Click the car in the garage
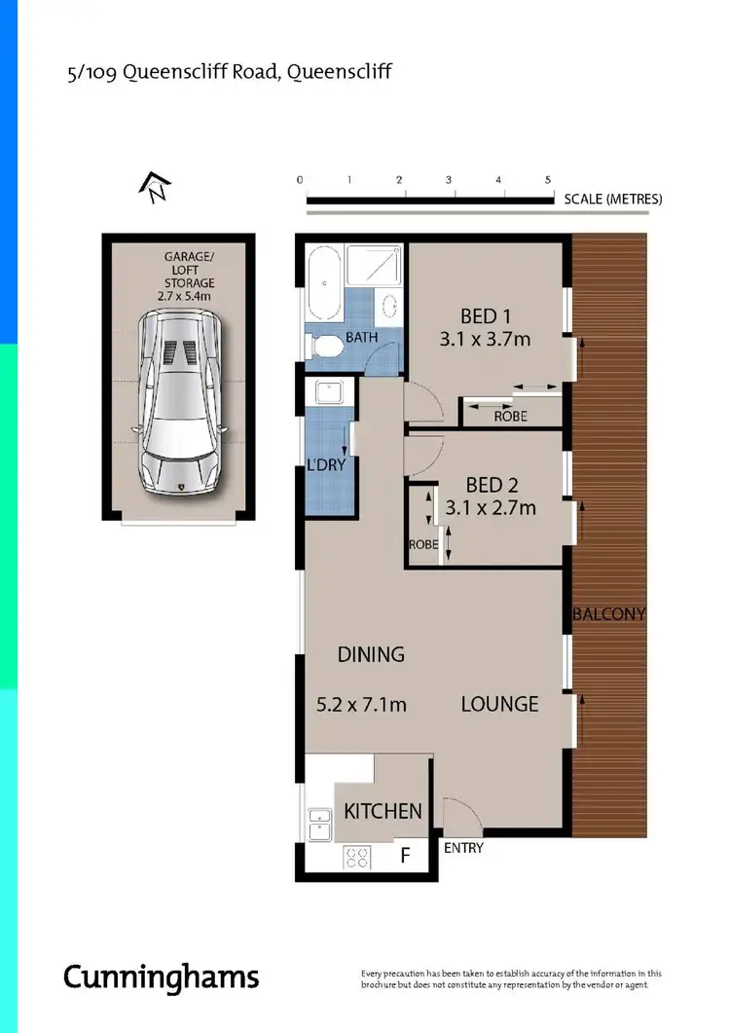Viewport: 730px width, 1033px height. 182,401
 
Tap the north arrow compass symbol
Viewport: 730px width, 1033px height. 157,186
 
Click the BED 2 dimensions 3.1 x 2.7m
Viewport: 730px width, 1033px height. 491,507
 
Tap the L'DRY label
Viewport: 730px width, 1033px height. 325,465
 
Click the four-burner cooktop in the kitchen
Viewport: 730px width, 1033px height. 358,858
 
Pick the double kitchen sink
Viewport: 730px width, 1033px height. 320,824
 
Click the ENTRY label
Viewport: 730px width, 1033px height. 463,848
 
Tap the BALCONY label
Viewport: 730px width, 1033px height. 609,614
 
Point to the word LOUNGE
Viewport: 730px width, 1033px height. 499,704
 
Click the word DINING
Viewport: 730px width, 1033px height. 371,654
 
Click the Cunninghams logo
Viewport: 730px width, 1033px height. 162,977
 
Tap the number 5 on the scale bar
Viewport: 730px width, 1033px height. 548,180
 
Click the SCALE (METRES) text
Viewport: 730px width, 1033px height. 613,199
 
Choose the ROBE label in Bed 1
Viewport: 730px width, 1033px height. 510,416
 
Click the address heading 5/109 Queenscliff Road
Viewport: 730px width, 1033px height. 228,71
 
